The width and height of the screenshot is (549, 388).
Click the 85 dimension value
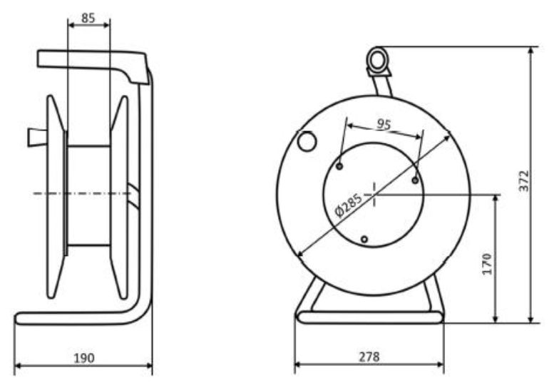[x=88, y=18]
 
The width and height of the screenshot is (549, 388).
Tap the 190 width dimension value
[x=84, y=358]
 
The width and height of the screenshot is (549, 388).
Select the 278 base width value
[x=369, y=357]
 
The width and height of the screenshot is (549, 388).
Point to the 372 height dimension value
[x=524, y=180]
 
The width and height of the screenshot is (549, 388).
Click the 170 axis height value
[x=487, y=264]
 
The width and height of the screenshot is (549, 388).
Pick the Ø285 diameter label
[x=348, y=205]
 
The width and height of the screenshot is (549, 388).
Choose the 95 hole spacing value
[x=384, y=124]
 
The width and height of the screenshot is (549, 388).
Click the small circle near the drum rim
[x=307, y=141]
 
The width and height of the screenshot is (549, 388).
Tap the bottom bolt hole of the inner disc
[x=364, y=240]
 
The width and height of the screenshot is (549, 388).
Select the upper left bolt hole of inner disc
[x=339, y=166]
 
